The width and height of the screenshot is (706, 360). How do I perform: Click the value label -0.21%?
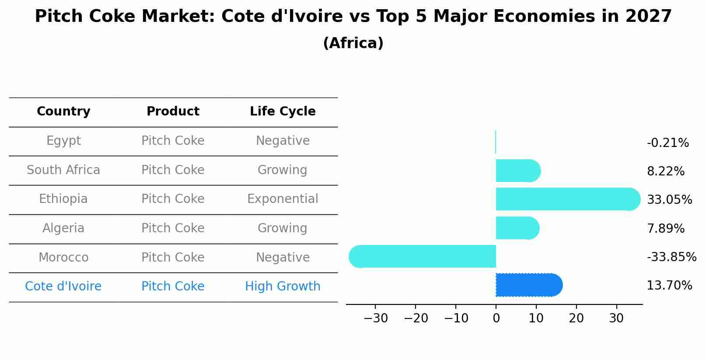(668, 143)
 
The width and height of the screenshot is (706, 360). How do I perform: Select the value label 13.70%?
(669, 286)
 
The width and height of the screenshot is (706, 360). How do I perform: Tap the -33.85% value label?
(671, 257)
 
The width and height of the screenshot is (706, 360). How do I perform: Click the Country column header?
(63, 112)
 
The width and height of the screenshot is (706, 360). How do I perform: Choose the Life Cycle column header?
(283, 112)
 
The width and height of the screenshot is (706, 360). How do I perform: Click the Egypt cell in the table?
(63, 141)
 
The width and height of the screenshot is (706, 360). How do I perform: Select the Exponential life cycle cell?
(283, 199)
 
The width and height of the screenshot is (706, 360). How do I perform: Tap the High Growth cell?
(283, 287)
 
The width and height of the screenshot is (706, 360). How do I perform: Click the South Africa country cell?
(63, 170)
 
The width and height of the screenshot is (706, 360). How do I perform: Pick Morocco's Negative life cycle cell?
(283, 257)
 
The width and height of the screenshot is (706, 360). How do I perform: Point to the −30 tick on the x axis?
(375, 318)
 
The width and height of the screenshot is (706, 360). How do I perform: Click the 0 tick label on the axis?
(496, 318)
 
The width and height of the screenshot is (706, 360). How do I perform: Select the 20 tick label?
(576, 318)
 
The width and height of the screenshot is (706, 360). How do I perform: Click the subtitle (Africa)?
(353, 43)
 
